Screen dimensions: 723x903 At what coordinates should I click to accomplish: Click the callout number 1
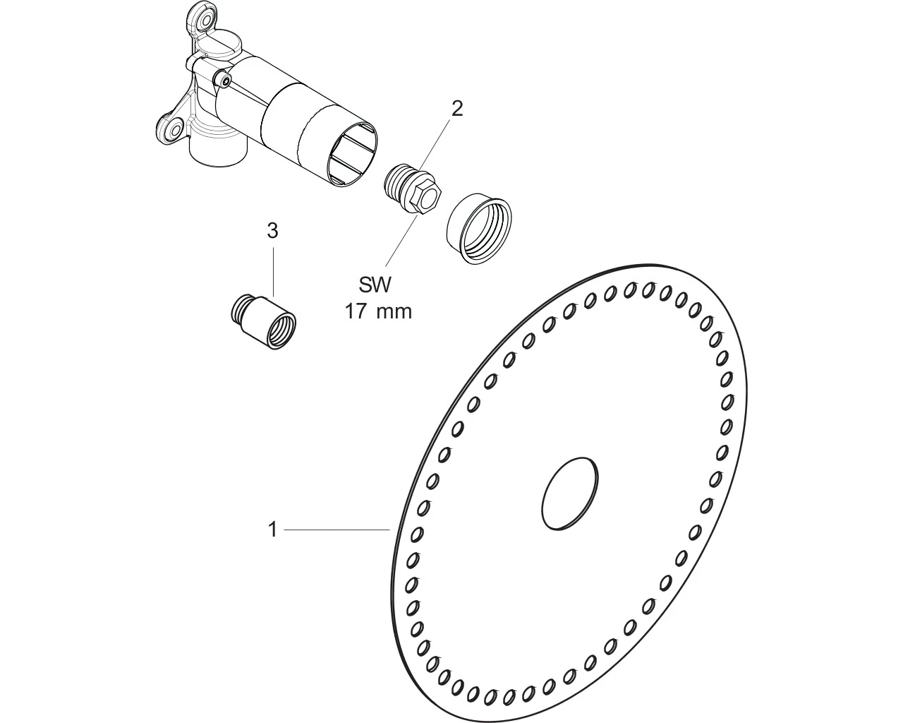pyautogui.click(x=273, y=529)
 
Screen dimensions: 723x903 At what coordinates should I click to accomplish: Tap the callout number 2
pyautogui.click(x=457, y=109)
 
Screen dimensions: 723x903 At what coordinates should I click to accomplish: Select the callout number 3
pyautogui.click(x=273, y=230)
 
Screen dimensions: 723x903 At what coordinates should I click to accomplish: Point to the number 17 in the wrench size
pyautogui.click(x=356, y=311)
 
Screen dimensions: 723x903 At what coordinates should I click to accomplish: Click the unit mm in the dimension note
pyautogui.click(x=394, y=312)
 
